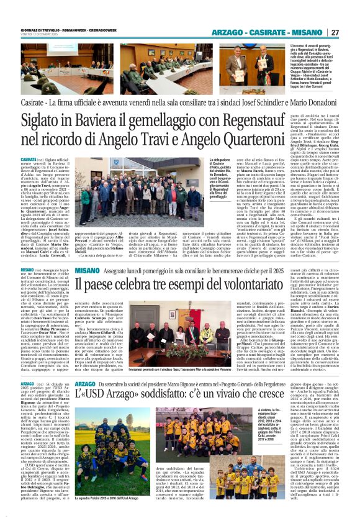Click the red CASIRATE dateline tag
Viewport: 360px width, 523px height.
29,160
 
